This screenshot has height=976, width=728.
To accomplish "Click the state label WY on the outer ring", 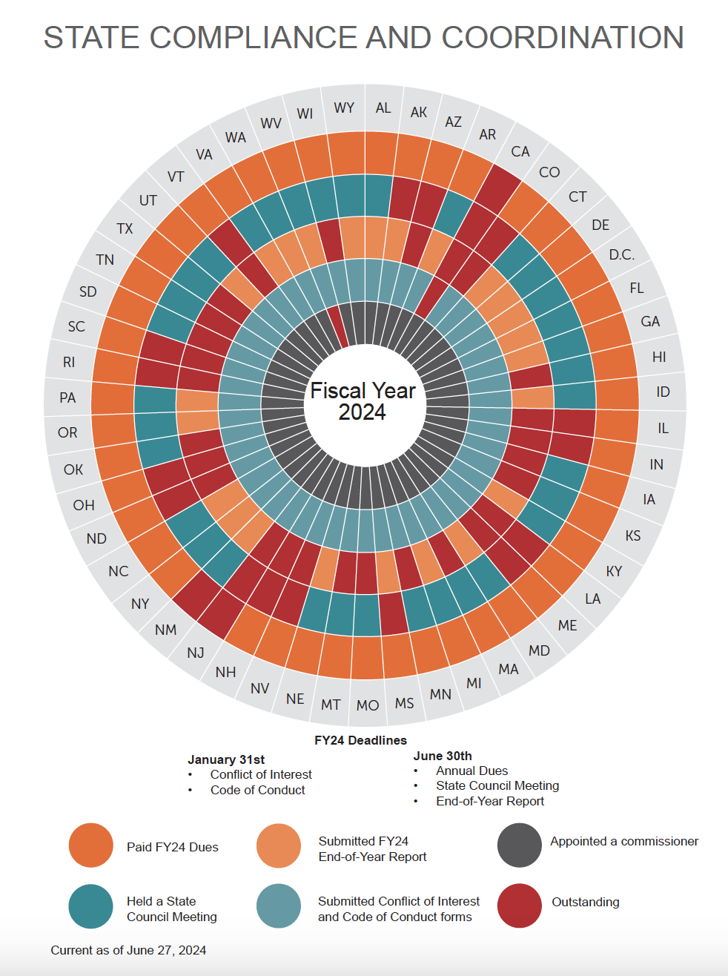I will [x=344, y=108].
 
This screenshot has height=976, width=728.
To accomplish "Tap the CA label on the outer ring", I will [x=520, y=151].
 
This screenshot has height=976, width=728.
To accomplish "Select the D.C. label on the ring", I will [x=621, y=255].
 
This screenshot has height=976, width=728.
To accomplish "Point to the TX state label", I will [x=125, y=228].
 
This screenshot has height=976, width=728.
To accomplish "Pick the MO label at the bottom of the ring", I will [x=368, y=705].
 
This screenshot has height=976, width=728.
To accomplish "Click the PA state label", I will [x=67, y=398].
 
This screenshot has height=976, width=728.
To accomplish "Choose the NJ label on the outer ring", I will [x=196, y=653].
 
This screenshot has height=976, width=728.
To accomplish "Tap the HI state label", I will [x=659, y=357].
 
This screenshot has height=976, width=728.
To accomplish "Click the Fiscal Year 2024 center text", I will [x=363, y=401].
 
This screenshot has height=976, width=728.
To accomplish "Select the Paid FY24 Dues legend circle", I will [x=90, y=845].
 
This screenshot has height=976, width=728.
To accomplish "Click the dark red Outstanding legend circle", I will [x=519, y=905].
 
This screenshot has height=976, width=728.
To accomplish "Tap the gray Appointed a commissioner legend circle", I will [x=519, y=845].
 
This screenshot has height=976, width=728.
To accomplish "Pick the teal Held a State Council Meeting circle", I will [x=90, y=906].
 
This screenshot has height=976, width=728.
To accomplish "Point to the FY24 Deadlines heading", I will [x=360, y=740].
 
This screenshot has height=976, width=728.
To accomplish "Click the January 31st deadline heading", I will [x=226, y=759].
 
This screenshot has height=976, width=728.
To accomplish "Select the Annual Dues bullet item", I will [x=471, y=771].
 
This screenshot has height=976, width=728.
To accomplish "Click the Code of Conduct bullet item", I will [x=257, y=790].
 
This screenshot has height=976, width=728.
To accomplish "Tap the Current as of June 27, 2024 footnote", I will [x=128, y=950].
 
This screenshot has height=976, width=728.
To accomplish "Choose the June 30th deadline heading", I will [x=443, y=756].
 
